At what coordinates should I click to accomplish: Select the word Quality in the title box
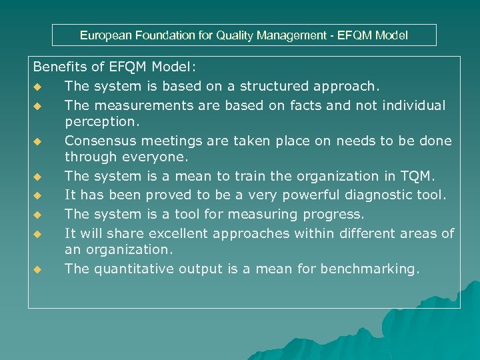click(236, 35)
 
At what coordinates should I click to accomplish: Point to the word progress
click(335, 214)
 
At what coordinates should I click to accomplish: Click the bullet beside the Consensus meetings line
click(38, 141)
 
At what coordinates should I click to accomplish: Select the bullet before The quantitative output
click(38, 269)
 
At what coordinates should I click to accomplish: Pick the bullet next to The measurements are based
click(38, 106)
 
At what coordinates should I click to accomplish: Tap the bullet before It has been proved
click(38, 195)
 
